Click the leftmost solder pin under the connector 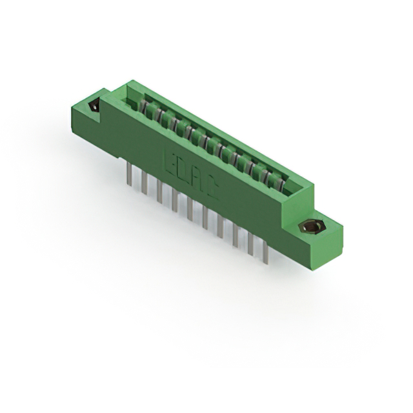point(130,174)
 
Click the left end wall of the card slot point(132,94)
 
